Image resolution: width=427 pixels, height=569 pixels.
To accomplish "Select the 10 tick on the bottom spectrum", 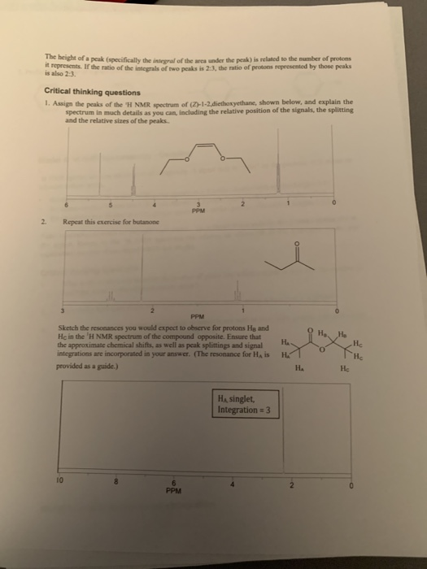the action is pos(58,463).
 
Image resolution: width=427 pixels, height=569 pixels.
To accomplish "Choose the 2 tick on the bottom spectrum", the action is pos(290,463).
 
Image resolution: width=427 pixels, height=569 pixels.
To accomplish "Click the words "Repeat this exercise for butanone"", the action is pos(110,221).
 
